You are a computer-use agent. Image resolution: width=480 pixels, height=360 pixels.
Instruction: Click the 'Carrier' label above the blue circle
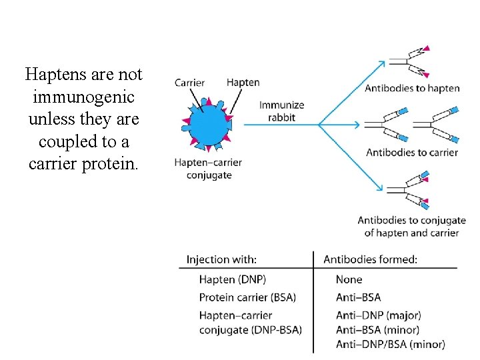(x=189, y=83)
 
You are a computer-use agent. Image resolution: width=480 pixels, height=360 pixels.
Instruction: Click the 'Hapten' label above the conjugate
(x=243, y=83)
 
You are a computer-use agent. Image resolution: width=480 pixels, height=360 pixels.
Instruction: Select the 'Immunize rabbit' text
(x=281, y=111)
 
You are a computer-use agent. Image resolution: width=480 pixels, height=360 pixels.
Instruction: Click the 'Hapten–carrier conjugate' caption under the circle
(x=207, y=169)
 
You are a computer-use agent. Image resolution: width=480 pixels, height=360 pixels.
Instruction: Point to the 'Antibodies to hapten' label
(x=412, y=88)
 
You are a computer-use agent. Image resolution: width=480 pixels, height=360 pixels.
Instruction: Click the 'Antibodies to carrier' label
(x=412, y=152)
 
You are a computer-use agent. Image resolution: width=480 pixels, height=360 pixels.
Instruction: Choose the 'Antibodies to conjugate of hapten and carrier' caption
(x=411, y=227)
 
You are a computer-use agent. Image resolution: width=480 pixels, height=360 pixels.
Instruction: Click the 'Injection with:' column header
(x=221, y=260)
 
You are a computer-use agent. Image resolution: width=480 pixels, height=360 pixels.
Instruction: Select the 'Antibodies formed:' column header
(x=370, y=260)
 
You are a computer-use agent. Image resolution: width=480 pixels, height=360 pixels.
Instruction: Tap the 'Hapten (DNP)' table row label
(x=226, y=280)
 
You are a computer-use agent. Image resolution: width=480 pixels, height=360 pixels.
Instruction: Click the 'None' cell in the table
(x=349, y=280)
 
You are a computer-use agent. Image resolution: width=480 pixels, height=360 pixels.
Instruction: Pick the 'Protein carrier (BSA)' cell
(x=247, y=297)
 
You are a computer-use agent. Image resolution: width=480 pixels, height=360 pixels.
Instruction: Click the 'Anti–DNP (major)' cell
(x=378, y=315)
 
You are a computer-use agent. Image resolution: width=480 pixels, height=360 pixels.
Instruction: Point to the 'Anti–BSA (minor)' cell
(x=377, y=329)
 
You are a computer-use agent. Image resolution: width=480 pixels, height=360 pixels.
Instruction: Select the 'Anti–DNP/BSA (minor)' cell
(x=390, y=344)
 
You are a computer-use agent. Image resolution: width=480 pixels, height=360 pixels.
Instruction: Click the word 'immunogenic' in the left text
(x=83, y=97)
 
